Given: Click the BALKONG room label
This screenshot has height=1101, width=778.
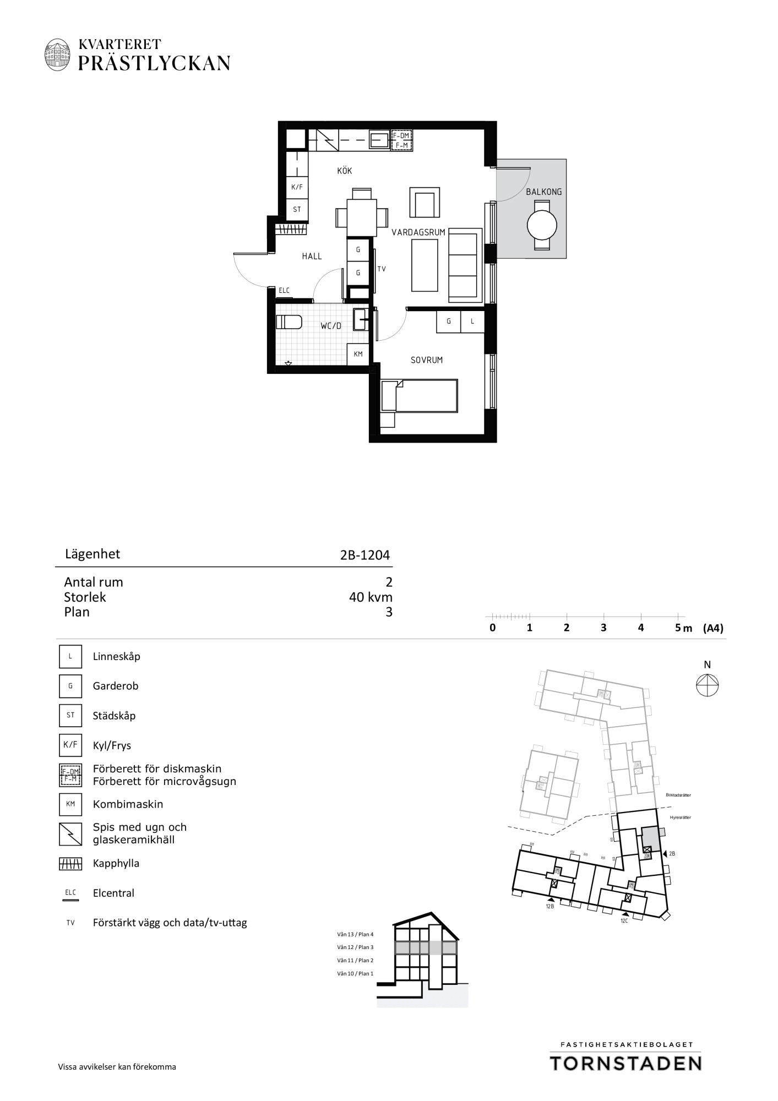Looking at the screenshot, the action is click(x=543, y=192).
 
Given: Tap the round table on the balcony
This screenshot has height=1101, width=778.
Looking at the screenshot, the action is click(x=542, y=225).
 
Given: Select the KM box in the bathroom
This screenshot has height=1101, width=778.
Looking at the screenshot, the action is click(x=358, y=354).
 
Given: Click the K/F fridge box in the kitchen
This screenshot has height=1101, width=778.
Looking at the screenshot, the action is click(x=297, y=187).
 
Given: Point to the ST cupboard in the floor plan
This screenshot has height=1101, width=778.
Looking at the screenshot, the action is click(x=297, y=209).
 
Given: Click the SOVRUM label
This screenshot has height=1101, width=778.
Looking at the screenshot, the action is click(x=427, y=360).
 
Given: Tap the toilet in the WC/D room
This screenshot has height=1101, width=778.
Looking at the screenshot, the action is click(x=289, y=321).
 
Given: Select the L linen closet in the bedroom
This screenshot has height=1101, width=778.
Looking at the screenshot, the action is click(x=472, y=321).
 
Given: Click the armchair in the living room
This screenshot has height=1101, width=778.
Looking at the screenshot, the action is click(x=425, y=202).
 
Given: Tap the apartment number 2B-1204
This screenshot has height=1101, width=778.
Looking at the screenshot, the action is click(x=365, y=555).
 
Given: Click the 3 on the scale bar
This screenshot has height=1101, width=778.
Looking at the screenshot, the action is click(x=603, y=628).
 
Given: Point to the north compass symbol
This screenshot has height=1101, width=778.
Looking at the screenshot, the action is click(x=707, y=685).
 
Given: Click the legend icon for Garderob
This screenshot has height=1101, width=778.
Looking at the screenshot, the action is click(x=70, y=686).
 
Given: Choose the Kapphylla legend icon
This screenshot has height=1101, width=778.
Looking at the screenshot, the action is click(x=70, y=864).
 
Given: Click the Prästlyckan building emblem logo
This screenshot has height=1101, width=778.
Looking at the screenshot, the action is click(x=58, y=54).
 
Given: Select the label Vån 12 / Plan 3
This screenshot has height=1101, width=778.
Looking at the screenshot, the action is click(x=355, y=947).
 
